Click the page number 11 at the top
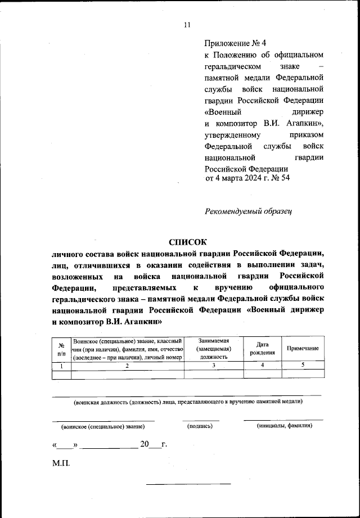point(187,25)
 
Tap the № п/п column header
point(61,349)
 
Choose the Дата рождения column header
point(262,349)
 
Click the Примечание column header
point(303,349)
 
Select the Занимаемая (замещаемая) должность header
point(213,349)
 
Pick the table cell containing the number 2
point(127,366)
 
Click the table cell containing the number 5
point(303,366)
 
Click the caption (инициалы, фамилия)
point(283,426)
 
